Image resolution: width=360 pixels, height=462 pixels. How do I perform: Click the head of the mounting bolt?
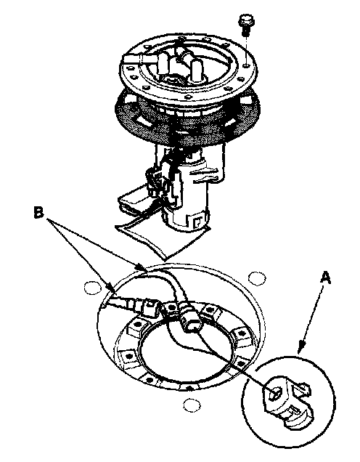point(246,20)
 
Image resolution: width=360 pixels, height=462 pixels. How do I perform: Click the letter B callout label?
point(38,212)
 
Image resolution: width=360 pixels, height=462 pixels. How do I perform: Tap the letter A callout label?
point(325,277)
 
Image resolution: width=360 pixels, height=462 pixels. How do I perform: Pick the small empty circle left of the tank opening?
point(93,287)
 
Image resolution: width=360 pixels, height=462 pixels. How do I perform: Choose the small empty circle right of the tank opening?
point(257,278)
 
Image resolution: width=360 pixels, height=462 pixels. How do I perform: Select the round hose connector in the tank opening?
point(191,322)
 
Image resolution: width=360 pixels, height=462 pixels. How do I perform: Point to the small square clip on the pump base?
point(197,222)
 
